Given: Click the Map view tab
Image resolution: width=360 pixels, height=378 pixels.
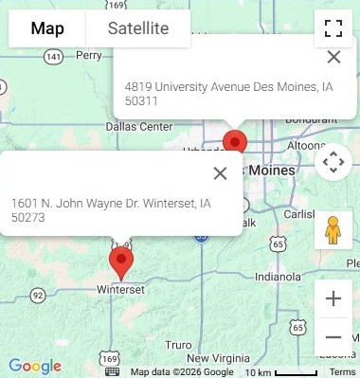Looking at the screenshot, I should tap(47, 28).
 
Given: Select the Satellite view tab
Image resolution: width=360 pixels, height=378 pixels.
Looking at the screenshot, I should tap(138, 28).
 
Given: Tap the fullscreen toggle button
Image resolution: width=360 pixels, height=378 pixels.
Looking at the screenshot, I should tap(333, 28).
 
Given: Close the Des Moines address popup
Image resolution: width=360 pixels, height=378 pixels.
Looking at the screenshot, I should tap(333, 57).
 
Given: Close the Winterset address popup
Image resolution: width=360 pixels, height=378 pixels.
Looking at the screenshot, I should tap(220, 172).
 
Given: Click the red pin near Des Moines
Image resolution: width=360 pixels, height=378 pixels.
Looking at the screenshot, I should tap(234, 143).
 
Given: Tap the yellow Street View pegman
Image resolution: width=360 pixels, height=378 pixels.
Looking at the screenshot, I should tap(333, 230).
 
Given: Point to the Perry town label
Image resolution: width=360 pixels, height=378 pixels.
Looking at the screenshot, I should tap(88, 56).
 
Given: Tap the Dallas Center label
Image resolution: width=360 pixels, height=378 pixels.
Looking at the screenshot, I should tap(139, 126).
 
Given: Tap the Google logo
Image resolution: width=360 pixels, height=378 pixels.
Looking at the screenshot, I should tap(34, 367).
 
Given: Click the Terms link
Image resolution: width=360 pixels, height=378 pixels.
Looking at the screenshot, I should tap(342, 372).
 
